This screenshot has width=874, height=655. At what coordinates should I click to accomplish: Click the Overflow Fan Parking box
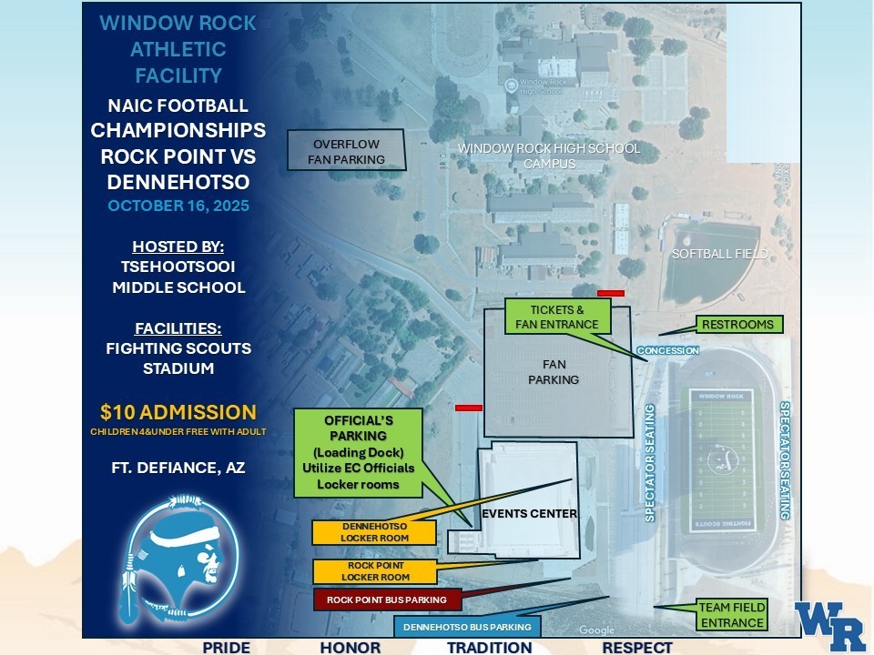(x=336, y=151)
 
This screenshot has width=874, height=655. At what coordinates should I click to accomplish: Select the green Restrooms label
(x=737, y=325)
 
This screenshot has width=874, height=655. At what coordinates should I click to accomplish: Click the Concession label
(x=668, y=350)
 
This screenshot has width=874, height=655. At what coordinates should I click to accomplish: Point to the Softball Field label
(x=719, y=254)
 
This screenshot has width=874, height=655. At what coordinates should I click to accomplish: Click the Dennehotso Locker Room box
(x=361, y=532)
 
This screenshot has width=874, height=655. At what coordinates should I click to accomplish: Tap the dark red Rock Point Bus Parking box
(x=387, y=600)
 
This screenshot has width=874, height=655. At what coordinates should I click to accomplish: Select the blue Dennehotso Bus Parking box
(x=467, y=627)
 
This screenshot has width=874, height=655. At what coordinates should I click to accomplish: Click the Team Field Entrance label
(x=732, y=615)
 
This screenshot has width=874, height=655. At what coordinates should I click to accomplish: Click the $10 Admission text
(x=178, y=412)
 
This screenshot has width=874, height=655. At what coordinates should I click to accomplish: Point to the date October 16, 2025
(x=178, y=206)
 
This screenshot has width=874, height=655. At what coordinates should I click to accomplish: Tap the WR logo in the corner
(x=829, y=626)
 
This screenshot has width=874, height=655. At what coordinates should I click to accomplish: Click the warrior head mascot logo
(x=181, y=558)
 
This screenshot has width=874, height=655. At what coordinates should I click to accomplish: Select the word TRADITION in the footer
(x=489, y=648)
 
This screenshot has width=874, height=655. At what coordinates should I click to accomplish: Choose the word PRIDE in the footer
(x=227, y=648)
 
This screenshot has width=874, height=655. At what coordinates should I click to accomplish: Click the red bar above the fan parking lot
(x=611, y=293)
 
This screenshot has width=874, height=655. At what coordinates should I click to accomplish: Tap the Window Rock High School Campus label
(x=549, y=156)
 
